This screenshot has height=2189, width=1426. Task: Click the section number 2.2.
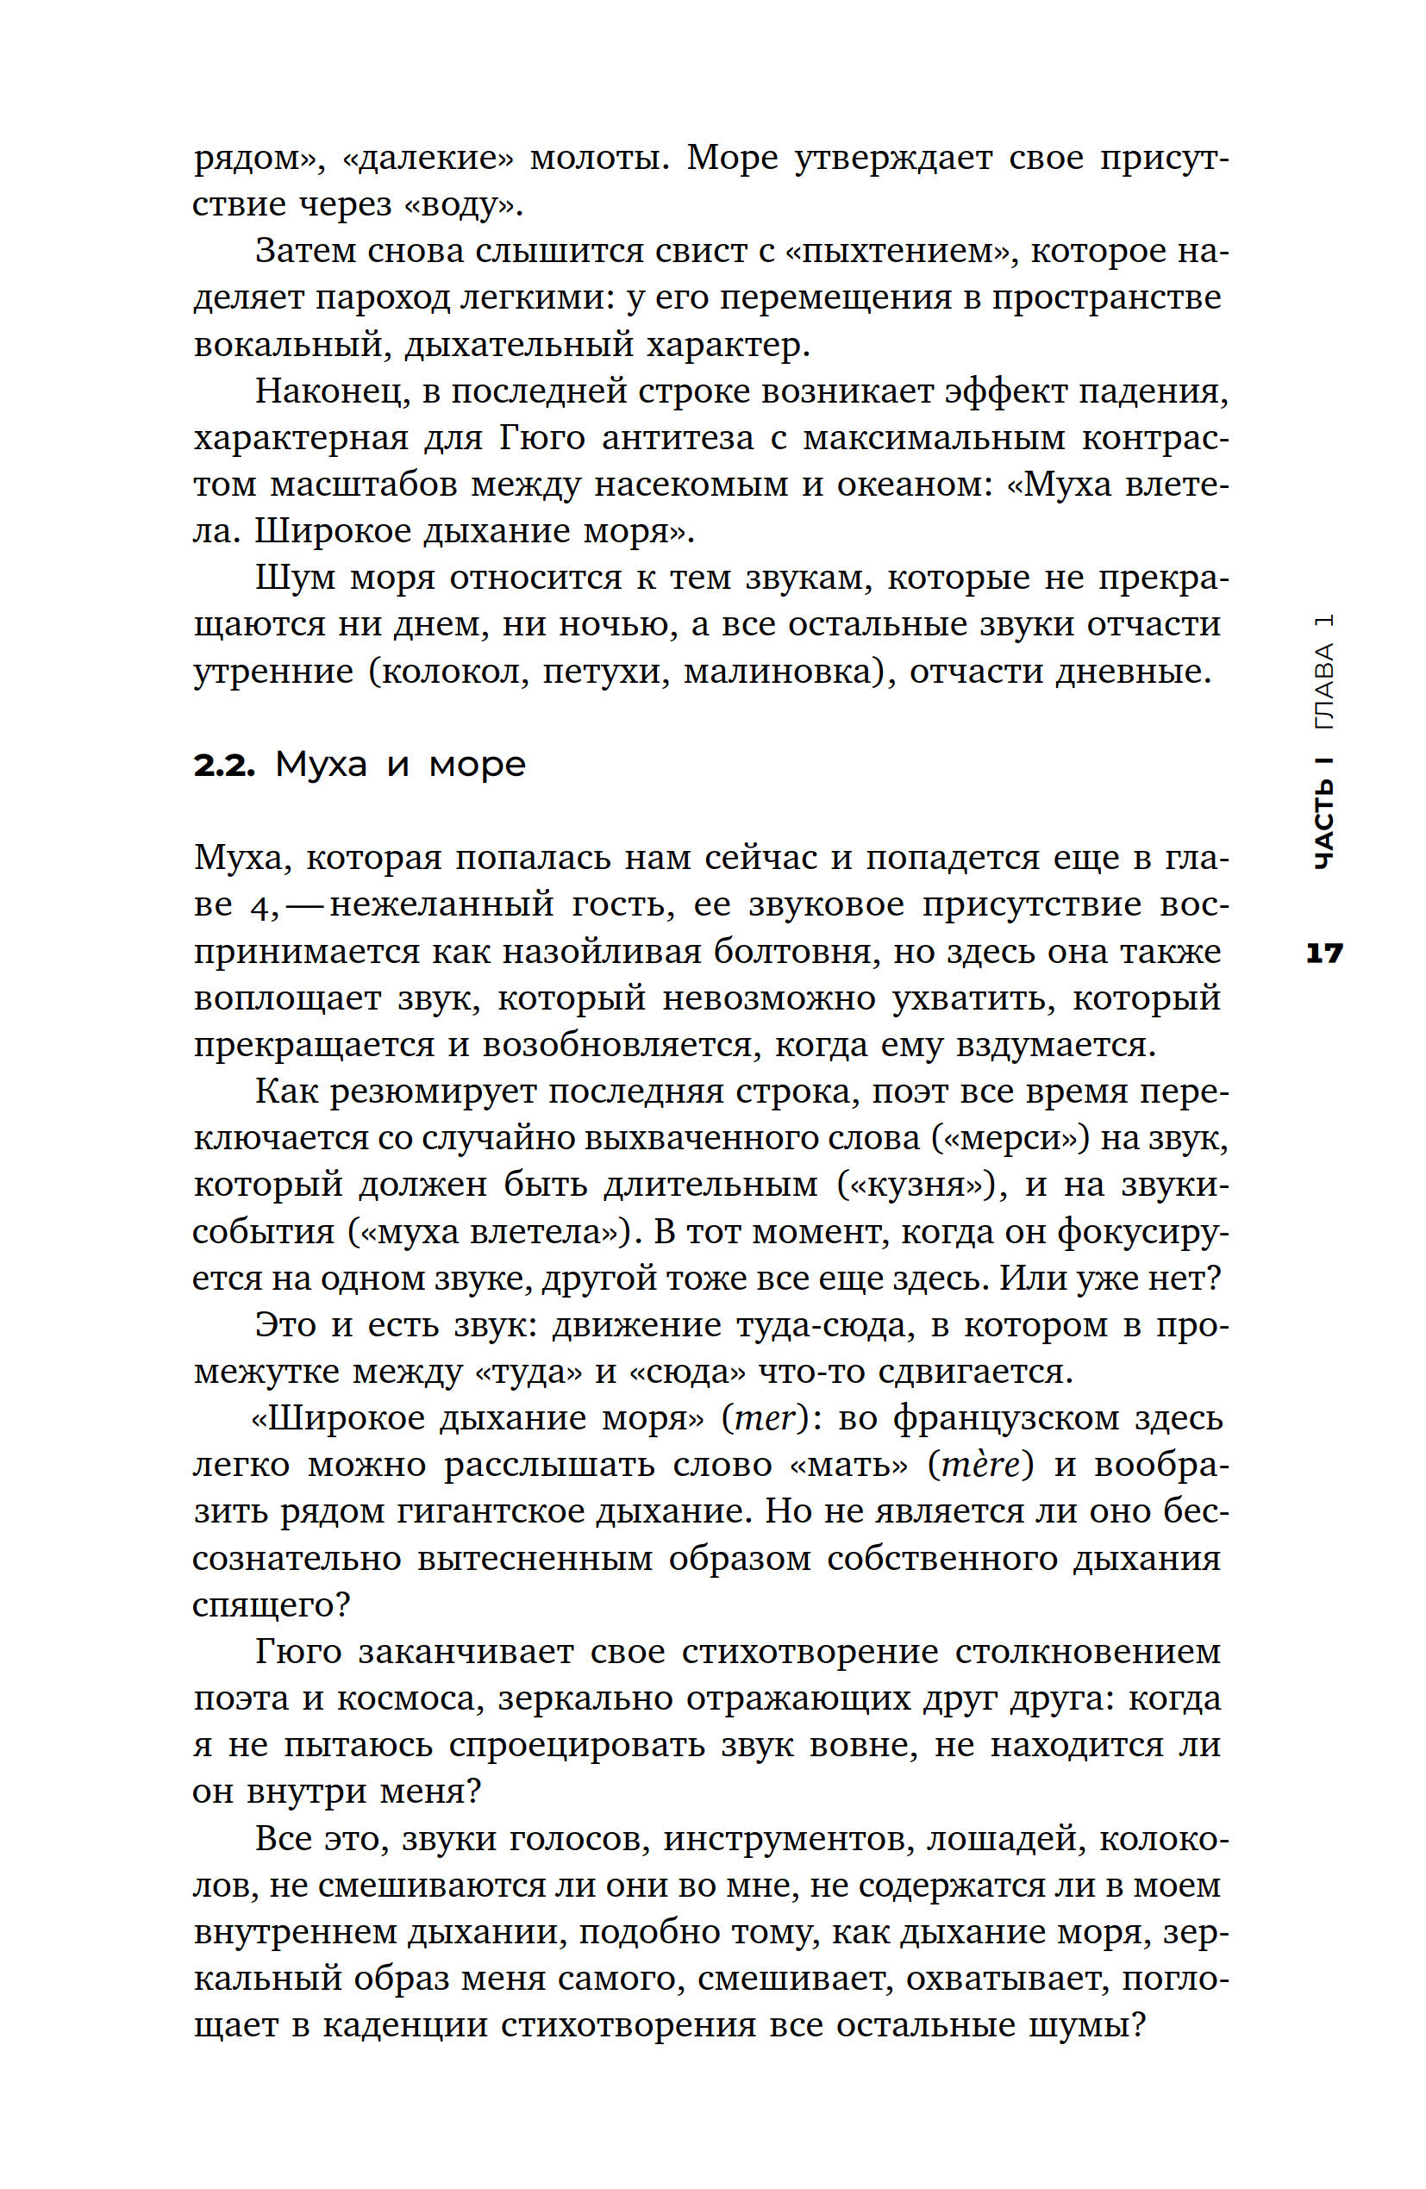pos(222,765)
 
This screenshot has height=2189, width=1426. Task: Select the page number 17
pos(1324,953)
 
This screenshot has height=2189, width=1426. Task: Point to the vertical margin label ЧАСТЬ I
pos(1324,811)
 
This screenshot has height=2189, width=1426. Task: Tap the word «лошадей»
pos(1004,1839)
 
